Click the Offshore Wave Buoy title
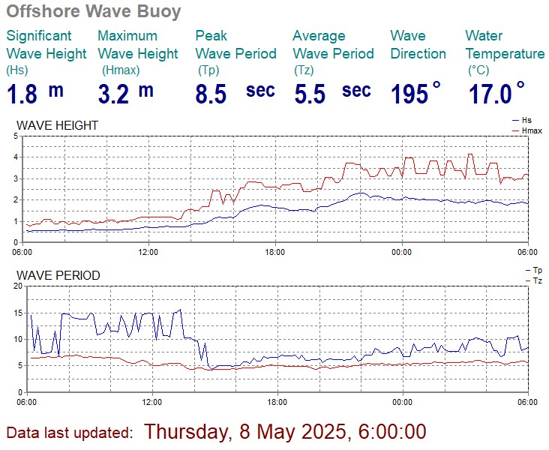pos(94,12)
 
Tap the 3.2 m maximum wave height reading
pos(125,94)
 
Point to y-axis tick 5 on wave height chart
pos(16,136)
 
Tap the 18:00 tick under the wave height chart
pos(276,252)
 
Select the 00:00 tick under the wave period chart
pos(403,402)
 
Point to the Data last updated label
pos(70,433)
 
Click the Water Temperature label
pos(505,44)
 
